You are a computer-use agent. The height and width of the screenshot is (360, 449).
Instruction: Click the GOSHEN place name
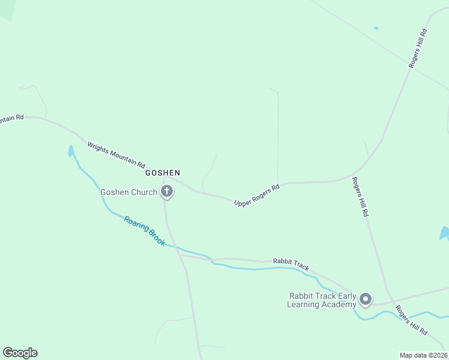tap(162, 173)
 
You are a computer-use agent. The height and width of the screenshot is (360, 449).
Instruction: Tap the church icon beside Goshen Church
tap(167, 192)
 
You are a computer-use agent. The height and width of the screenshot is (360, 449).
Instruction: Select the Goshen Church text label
tap(128, 192)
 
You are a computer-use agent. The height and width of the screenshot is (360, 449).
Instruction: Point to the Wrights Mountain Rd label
tap(116, 154)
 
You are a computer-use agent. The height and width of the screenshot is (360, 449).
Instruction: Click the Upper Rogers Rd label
tap(257, 196)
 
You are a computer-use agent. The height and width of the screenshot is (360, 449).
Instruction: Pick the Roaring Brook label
tap(144, 230)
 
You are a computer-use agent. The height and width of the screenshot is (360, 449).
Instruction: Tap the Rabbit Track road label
tap(291, 265)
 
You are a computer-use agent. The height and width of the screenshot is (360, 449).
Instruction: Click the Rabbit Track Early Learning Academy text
tap(322, 300)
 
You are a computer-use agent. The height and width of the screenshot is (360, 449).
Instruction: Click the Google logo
tap(20, 352)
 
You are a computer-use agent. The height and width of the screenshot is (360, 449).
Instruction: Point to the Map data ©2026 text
tap(424, 355)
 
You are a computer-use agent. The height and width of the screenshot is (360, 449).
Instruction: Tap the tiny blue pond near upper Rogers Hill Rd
tap(376, 28)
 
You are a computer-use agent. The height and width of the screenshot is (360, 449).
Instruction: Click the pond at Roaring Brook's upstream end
tap(71, 151)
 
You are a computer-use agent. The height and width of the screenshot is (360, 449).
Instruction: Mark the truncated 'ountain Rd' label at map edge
tap(11, 118)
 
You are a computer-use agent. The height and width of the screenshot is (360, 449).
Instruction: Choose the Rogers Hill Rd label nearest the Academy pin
tap(411, 319)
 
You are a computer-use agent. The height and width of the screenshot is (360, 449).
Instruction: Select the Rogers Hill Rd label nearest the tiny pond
tap(418, 49)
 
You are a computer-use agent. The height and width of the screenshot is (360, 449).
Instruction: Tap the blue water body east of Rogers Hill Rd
tap(445, 233)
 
